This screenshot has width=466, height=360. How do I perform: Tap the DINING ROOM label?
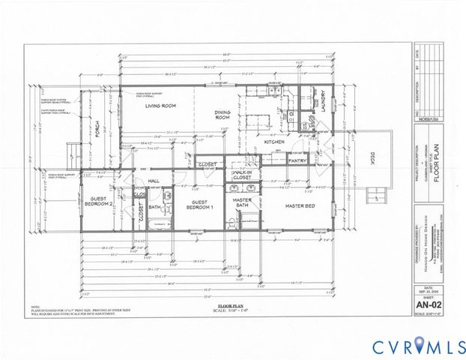pos(222,115)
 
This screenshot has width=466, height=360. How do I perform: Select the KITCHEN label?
pos(271,142)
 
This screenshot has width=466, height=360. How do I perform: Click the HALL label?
pos(155,181)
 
